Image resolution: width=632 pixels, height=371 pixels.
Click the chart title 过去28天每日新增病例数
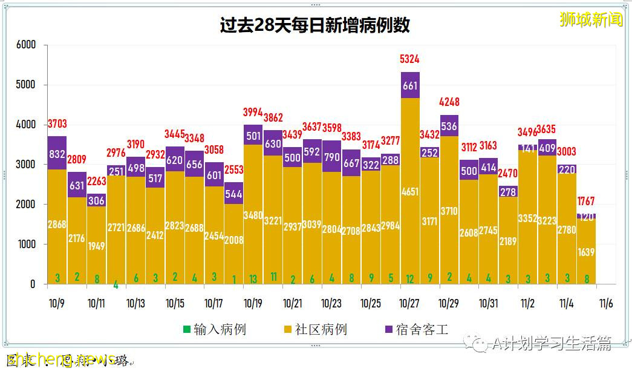click(314, 25)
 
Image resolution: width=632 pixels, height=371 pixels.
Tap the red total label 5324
click(410, 59)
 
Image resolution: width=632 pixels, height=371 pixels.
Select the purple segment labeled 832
click(57, 154)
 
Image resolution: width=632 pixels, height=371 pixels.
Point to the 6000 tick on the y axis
click(26, 45)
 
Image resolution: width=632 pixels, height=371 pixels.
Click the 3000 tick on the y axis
click(26, 165)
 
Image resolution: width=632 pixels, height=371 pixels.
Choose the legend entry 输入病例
click(215, 329)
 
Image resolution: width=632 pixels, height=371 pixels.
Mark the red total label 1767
click(586, 201)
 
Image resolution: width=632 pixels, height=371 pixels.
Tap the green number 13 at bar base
click(253, 278)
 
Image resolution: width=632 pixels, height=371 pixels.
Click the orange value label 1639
click(586, 251)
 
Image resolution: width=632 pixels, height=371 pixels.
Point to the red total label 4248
click(449, 102)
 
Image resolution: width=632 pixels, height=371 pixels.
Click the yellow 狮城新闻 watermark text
click(591, 19)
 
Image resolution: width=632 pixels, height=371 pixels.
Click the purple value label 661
click(410, 86)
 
